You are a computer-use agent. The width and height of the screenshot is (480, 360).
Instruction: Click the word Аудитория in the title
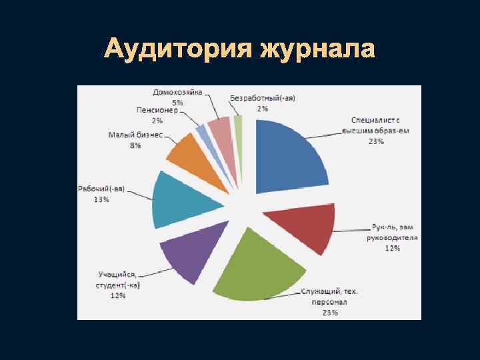[x=177, y=49]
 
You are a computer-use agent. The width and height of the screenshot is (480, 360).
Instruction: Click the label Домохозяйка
[x=178, y=93]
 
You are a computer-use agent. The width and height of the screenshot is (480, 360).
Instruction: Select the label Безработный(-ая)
[x=263, y=98]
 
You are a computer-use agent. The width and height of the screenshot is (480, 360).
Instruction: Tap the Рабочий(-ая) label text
[x=101, y=189]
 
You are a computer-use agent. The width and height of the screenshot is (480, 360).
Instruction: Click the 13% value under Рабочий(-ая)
[x=101, y=199]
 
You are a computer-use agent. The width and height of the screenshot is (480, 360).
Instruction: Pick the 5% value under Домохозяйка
[x=178, y=103]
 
